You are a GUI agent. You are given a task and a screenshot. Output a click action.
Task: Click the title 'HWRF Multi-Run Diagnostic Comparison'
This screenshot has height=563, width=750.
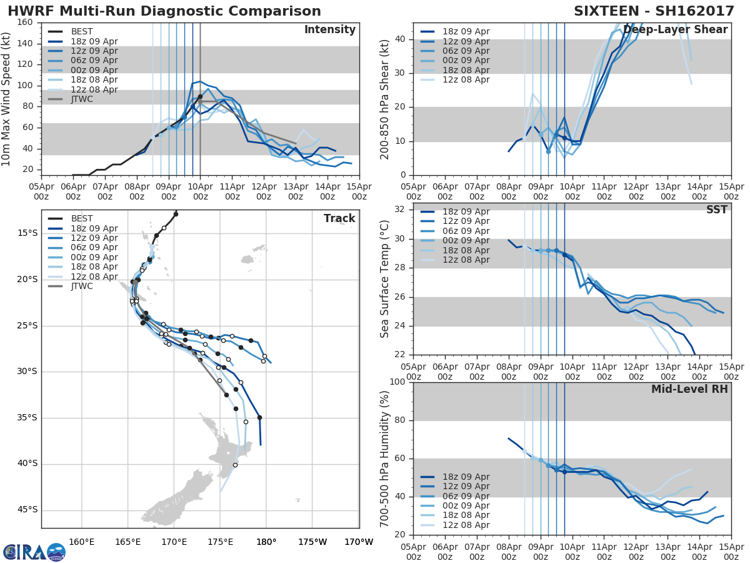pos(164,11)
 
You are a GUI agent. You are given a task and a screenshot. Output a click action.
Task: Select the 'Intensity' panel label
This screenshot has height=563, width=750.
pos(329,30)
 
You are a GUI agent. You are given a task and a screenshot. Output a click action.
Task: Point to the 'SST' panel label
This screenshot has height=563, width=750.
pos(716,210)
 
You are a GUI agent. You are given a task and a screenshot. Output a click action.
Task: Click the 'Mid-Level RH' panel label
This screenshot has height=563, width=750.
pos(689,389)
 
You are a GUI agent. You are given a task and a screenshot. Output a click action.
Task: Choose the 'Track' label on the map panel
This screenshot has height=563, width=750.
pos(339,218)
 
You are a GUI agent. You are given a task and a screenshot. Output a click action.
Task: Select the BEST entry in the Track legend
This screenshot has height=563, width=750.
pos(81,218)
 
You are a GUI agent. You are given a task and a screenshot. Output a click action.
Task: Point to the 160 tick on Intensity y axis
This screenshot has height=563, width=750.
pos(25,23)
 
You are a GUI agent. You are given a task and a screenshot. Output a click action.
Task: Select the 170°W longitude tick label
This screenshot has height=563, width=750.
pos(358,542)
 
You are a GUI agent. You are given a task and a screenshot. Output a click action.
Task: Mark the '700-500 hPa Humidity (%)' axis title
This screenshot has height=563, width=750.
pos(385,458)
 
